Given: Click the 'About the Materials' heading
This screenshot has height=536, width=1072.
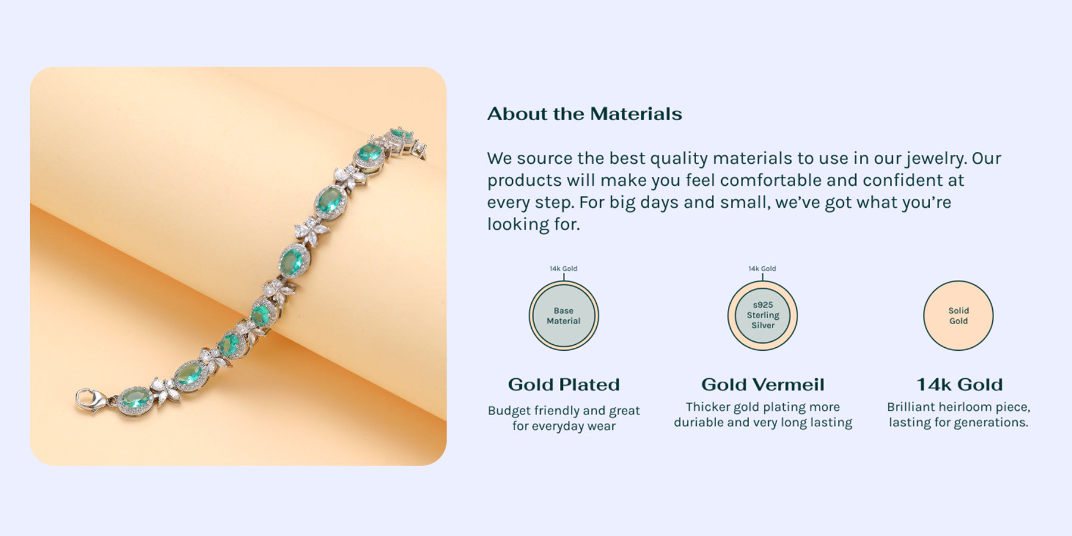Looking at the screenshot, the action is (x=584, y=114).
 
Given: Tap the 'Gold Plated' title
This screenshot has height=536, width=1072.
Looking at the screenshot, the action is (x=564, y=385).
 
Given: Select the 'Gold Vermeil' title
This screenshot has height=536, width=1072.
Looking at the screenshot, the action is (x=763, y=385).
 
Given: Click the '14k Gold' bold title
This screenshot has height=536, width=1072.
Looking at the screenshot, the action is (x=959, y=385).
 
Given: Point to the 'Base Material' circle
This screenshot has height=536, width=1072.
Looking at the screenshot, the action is (x=563, y=316).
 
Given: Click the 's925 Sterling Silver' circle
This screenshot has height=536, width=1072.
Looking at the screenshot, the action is (x=762, y=316).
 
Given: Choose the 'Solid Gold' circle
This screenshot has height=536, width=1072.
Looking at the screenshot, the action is (x=958, y=316).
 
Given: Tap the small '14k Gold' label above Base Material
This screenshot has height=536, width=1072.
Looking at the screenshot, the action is (x=563, y=269).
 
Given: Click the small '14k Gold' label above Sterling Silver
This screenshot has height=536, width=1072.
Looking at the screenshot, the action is (x=762, y=269).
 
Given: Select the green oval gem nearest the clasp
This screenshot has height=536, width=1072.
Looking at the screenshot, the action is (x=135, y=398).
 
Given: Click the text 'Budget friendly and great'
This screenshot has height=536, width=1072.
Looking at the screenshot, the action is (x=564, y=410).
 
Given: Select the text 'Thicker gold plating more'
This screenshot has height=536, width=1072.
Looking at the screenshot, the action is (x=763, y=407).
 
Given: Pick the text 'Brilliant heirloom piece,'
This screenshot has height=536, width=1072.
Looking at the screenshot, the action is (x=958, y=407).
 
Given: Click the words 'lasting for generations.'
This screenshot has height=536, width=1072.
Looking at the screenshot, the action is (x=958, y=423).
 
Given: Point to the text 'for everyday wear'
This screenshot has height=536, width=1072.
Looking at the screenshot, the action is (x=564, y=426).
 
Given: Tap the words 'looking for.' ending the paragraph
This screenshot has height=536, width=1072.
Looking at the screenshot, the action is (x=534, y=225).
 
